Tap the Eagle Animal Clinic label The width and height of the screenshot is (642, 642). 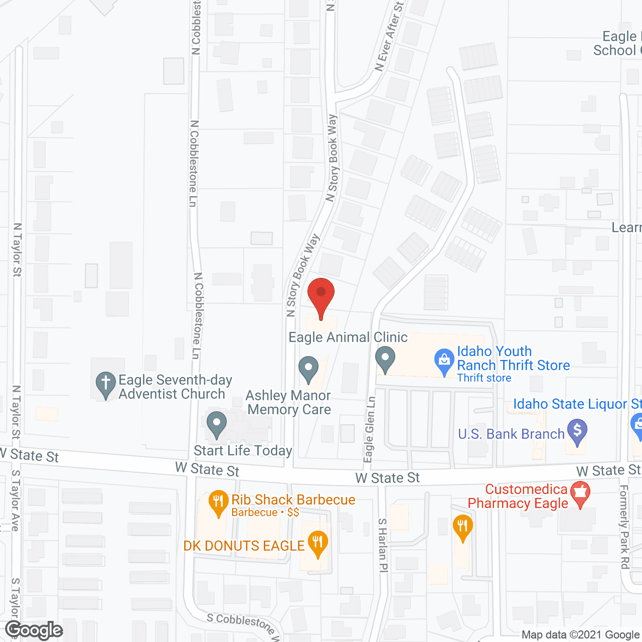348,338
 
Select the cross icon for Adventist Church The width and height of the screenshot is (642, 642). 106,385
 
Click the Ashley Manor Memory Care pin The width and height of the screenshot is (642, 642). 308,370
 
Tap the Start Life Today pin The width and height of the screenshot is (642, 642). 217,424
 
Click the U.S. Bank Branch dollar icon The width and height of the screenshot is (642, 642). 577,432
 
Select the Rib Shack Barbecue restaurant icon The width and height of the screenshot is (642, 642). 218,503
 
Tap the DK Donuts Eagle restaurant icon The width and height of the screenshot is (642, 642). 317,544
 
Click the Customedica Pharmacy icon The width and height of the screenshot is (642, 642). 580,494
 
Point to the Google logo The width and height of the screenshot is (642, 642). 34,630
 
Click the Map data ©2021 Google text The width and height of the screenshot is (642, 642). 581,635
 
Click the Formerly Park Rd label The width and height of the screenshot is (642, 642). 624,527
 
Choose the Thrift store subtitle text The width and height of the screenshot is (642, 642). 484,378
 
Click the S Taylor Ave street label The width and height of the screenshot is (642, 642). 16,500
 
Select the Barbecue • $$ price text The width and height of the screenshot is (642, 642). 265,513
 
